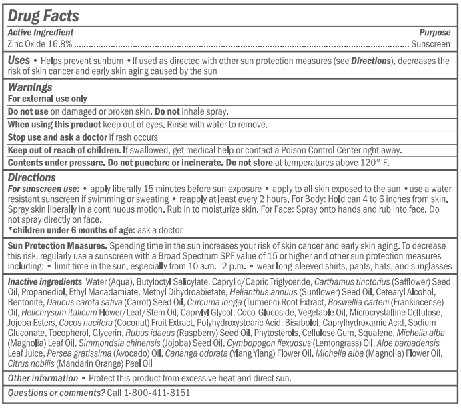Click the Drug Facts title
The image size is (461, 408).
click(x=43, y=16)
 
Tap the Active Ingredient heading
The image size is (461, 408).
click(x=40, y=32)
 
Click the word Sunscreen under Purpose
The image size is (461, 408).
click(x=430, y=44)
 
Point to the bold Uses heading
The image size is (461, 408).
click(x=19, y=60)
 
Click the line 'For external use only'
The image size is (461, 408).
click(x=47, y=98)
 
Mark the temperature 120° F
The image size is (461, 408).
click(x=383, y=162)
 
